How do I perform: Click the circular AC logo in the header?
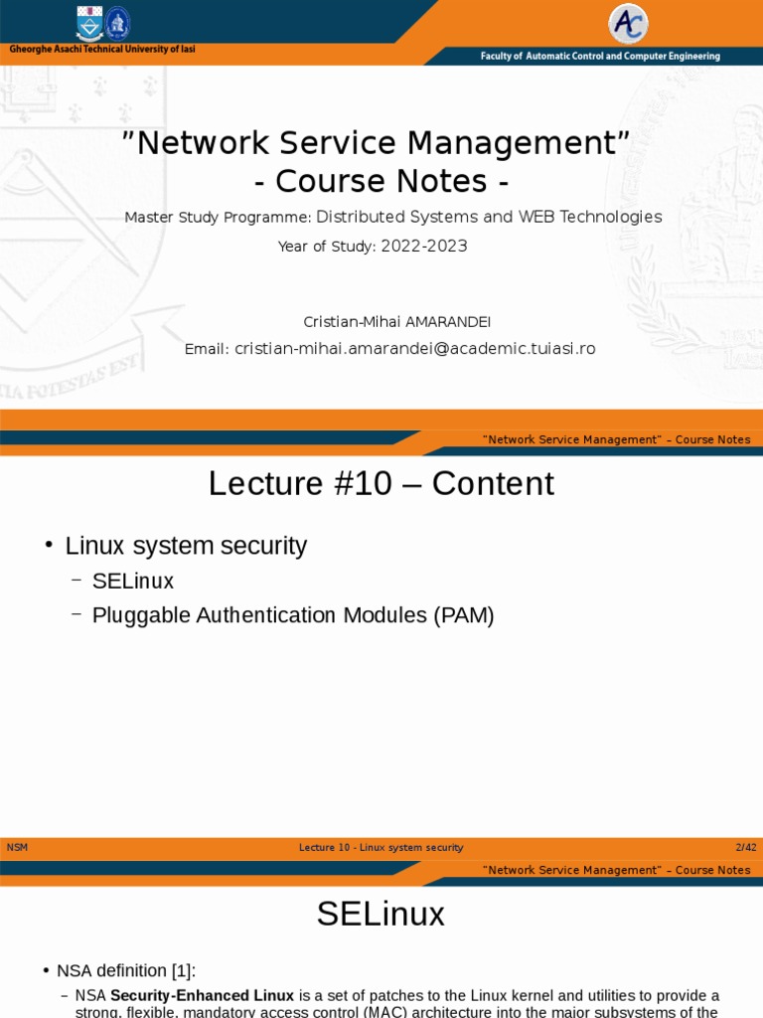(628, 24)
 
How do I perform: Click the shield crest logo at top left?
(89, 23)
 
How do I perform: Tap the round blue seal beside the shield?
(117, 23)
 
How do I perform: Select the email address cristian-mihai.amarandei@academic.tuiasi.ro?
(414, 349)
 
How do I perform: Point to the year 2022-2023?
(424, 247)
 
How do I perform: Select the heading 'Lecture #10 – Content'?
(381, 484)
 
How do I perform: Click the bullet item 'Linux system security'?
(186, 546)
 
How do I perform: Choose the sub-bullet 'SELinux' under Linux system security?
(132, 581)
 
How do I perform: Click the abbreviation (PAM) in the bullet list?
(463, 615)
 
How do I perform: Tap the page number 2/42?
(745, 847)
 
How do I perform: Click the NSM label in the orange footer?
(18, 847)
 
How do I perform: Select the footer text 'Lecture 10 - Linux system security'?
(381, 847)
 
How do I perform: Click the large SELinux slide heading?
(381, 915)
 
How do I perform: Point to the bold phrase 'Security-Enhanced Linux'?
(202, 995)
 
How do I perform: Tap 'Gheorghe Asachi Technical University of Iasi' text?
(102, 50)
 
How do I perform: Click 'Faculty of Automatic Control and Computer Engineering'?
(600, 57)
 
